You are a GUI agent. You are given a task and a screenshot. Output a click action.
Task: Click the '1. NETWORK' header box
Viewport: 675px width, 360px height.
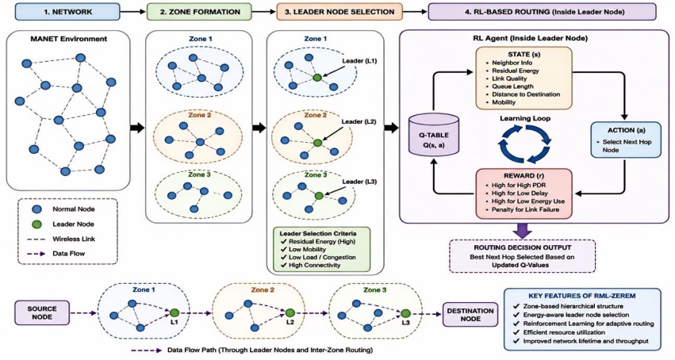pos(67,12)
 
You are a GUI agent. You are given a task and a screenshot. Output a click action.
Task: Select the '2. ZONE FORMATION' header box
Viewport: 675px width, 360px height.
pos(199,12)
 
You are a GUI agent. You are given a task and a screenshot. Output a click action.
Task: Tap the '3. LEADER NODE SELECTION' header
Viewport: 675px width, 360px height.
pos(339,12)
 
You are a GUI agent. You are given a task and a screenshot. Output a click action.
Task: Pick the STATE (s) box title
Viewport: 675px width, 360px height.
pos(524,55)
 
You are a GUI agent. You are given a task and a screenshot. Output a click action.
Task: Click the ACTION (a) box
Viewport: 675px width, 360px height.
pos(626,140)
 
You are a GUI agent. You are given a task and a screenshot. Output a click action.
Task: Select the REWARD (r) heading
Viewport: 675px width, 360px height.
pos(524,176)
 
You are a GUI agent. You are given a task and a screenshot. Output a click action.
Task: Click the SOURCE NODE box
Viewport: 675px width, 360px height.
pos(42,312)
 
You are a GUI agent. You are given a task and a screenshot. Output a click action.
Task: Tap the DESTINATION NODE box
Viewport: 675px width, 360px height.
pos(470,315)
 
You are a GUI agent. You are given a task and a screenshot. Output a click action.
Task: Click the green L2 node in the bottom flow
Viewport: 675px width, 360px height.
pos(290,313)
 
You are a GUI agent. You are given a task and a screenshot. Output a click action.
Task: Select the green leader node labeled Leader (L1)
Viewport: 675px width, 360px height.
pos(317,78)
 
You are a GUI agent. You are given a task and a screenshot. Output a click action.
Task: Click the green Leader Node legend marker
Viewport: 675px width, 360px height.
pos(37,224)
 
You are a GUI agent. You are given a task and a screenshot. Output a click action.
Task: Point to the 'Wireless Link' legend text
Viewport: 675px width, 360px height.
pos(74,239)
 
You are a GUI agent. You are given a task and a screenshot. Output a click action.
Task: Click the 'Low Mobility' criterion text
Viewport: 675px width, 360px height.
pos(308,250)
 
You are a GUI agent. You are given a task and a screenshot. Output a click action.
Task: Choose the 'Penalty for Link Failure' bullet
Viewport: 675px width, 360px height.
pos(525,209)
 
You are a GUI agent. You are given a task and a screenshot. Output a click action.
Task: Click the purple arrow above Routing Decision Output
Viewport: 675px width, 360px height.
pos(523,231)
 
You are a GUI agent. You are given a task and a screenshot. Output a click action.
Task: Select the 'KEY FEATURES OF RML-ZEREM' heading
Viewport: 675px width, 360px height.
pos(582,296)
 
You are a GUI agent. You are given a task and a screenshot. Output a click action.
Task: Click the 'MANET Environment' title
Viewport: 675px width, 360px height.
pos(69,39)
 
